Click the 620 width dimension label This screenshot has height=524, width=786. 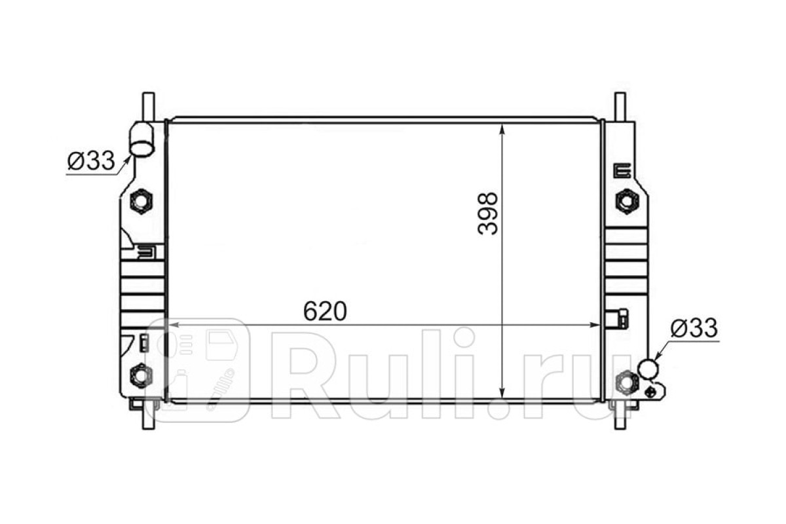click(x=325, y=311)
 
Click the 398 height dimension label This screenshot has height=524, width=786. click(x=488, y=214)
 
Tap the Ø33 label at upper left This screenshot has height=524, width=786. click(x=91, y=160)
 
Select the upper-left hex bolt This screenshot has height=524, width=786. click(x=141, y=201)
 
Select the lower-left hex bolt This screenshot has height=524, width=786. click(x=141, y=375)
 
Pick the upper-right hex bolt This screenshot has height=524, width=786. click(x=627, y=201)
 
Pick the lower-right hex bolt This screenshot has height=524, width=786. click(x=627, y=383)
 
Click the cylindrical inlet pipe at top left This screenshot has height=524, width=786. click(x=141, y=139)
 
